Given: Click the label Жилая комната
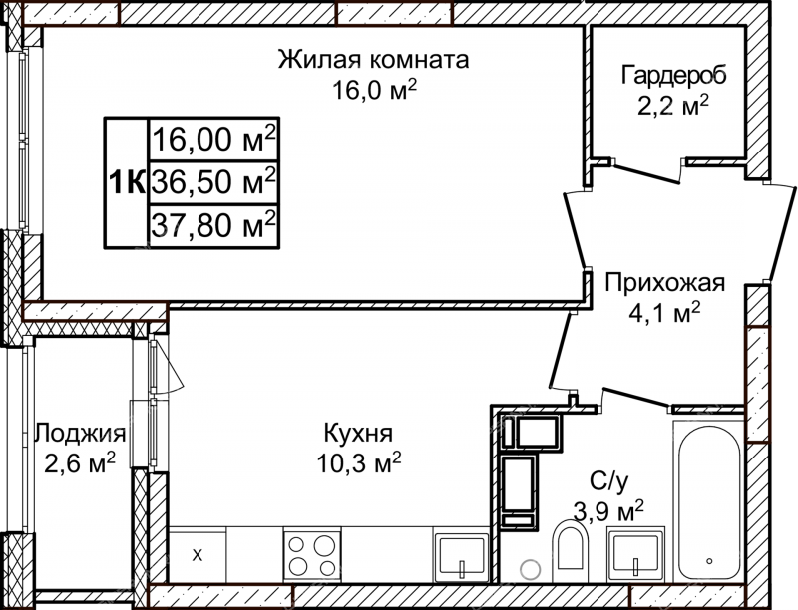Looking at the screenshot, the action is [x=373, y=60].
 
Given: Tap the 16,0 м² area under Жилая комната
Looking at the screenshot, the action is [x=375, y=91].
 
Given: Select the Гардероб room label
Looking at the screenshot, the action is [x=674, y=75].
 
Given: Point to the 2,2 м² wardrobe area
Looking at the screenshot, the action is [x=673, y=106].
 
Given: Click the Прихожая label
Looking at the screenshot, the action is [x=664, y=283].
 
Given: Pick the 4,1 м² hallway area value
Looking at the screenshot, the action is [x=664, y=313].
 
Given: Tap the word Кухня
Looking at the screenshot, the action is [x=359, y=434].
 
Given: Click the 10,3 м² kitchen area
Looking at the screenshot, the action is [x=359, y=462].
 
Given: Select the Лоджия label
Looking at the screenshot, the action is [x=80, y=435].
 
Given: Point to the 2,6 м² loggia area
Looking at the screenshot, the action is [x=80, y=462].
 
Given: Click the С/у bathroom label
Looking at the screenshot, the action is [x=608, y=481].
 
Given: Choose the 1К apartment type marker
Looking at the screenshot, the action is [x=127, y=182].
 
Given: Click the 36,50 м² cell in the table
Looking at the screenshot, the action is [x=213, y=181].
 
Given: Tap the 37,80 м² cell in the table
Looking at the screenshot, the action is [x=213, y=224].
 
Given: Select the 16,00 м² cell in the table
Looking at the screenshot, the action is [x=213, y=139].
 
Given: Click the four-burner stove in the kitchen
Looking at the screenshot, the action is [x=312, y=555].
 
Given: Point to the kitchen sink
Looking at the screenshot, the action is [x=462, y=556].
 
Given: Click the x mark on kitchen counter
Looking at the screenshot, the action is [x=198, y=555].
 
